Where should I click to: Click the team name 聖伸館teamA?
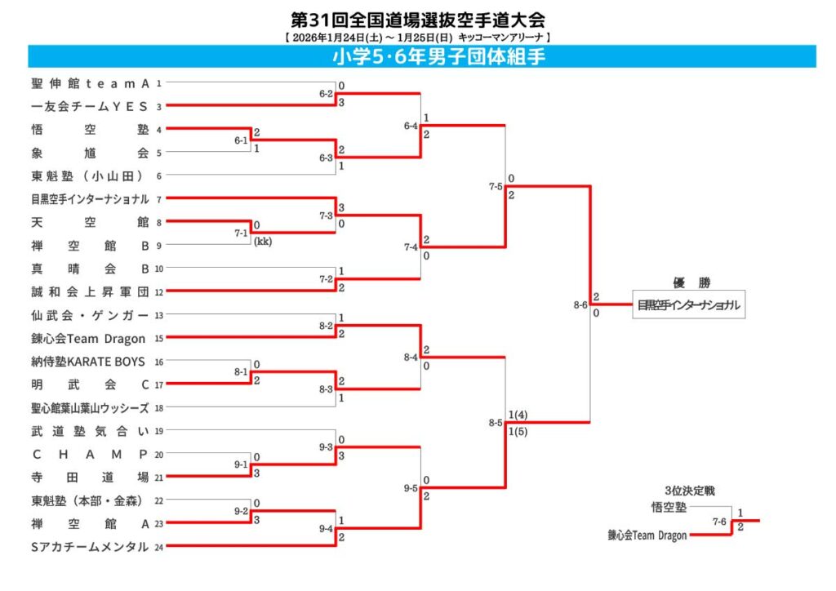[90, 82]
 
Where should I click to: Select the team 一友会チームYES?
[90, 105]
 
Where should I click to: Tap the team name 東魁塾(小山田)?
[90, 176]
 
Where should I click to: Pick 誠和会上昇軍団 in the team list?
[90, 291]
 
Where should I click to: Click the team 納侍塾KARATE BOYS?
[88, 362]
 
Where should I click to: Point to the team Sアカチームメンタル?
[90, 547]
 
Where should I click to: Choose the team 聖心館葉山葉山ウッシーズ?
[90, 408]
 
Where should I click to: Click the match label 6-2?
[326, 94]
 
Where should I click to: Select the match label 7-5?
[496, 187]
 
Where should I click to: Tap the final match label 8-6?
[580, 304]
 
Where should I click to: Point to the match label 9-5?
[411, 488]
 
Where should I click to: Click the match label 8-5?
[496, 423]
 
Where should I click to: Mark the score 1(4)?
[517, 415]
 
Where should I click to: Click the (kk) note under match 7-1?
[262, 242]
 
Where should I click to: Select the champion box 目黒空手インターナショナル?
[689, 305]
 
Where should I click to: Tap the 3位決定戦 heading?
[689, 491]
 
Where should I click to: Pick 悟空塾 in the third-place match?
[669, 507]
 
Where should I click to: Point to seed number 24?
[159, 547]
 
